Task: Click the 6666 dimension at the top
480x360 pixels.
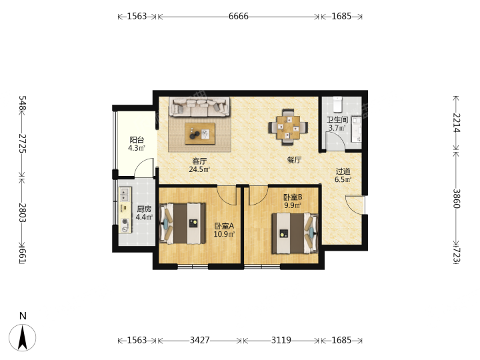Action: [239, 16]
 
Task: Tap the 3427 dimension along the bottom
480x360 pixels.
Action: [199, 340]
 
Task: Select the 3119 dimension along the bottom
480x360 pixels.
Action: [281, 340]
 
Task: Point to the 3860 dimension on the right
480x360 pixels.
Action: [457, 199]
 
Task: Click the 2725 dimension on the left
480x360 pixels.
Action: [23, 143]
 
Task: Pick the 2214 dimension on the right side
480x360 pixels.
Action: [457, 123]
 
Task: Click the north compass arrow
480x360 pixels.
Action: [23, 337]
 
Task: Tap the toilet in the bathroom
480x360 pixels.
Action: [337, 105]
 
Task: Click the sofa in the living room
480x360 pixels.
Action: [199, 107]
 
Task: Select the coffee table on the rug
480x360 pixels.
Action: [200, 133]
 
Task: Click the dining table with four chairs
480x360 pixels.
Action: [288, 127]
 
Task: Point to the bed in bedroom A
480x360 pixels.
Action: [183, 223]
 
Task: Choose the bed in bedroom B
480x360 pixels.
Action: [295, 233]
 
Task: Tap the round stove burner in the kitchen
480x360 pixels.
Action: [125, 221]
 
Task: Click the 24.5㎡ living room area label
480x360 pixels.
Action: [199, 169]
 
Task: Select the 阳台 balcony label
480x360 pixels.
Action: [137, 140]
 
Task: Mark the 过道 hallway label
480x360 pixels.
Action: [343, 171]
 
